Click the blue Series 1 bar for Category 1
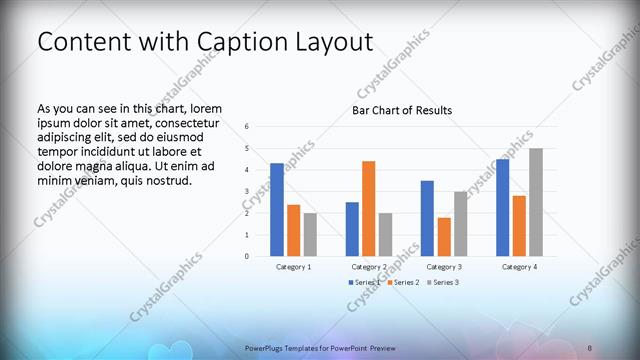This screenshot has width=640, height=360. tap(277, 210)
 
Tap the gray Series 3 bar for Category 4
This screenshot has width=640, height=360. tap(536, 202)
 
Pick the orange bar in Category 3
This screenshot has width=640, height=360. tap(443, 237)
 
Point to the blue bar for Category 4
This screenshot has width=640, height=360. tap(502, 208)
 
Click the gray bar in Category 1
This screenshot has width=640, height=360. tap(310, 234)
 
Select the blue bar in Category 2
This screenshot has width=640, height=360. tap(352, 229)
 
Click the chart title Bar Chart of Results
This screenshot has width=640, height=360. tap(401, 110)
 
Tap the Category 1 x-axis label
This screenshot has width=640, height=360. tap(293, 267)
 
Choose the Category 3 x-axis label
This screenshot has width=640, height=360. tap(443, 267)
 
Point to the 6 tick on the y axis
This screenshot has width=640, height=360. tap(247, 127)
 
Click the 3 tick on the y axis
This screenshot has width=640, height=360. tap(247, 191)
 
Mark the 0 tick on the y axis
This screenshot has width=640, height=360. tap(247, 256)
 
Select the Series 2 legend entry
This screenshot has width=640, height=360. tap(403, 283)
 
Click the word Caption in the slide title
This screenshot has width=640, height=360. tap(237, 42)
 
